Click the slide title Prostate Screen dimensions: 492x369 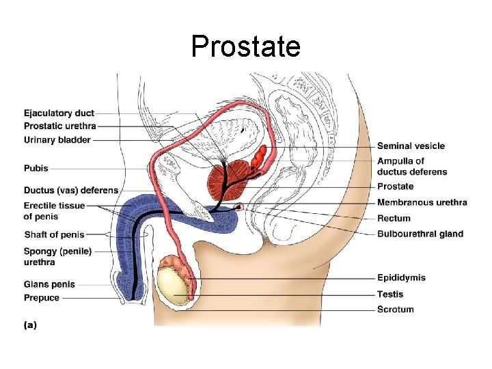[245, 46]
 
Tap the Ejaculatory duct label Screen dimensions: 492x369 [59, 113]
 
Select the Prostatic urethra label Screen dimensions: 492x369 [60, 126]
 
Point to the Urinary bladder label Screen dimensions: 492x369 [57, 140]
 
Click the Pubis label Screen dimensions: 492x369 [36, 167]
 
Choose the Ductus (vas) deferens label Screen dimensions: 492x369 [71, 190]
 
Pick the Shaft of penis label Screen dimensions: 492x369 [54, 235]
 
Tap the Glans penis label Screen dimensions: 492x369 [49, 284]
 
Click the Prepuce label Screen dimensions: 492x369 [42, 298]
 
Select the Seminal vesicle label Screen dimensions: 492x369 [411, 146]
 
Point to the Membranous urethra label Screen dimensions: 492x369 [422, 202]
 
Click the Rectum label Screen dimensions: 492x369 [394, 219]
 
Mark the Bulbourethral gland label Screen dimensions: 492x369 [420, 234]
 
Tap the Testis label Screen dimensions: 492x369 [390, 295]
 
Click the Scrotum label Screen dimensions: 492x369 [395, 310]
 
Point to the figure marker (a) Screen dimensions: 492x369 [30, 325]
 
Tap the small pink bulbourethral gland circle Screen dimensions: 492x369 [239, 206]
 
